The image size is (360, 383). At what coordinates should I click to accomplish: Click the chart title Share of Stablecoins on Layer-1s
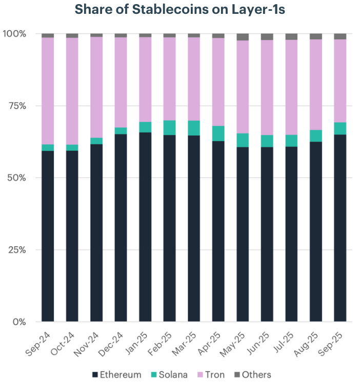[180, 10]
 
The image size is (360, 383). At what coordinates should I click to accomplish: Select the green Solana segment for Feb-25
[170, 128]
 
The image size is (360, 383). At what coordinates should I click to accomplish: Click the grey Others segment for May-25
[243, 37]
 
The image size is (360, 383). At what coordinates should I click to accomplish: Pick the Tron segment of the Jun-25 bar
[267, 87]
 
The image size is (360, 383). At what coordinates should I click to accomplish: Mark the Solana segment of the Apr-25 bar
[218, 133]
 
